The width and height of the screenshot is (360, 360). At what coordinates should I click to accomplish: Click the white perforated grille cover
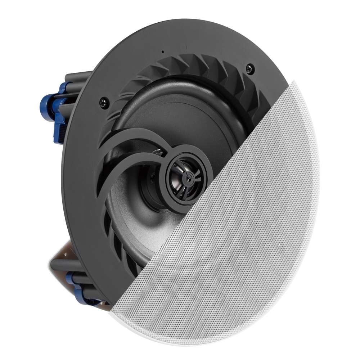click(x=252, y=234)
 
